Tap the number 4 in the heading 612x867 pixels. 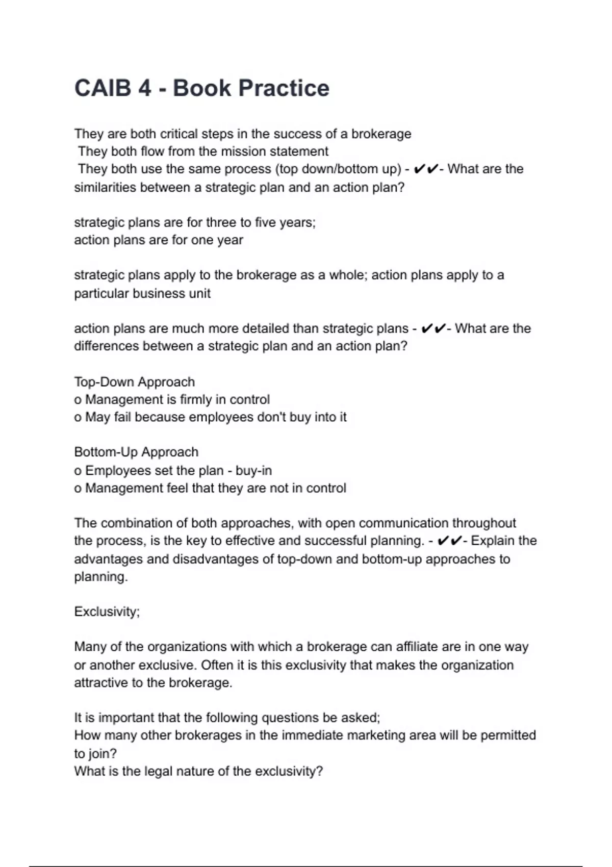[144, 88]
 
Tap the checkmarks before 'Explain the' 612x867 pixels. [450, 541]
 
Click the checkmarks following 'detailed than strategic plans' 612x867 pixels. [433, 328]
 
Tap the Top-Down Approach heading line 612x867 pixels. [135, 382]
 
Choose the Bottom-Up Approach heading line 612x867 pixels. [136, 452]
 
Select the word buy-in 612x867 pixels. [253, 470]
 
